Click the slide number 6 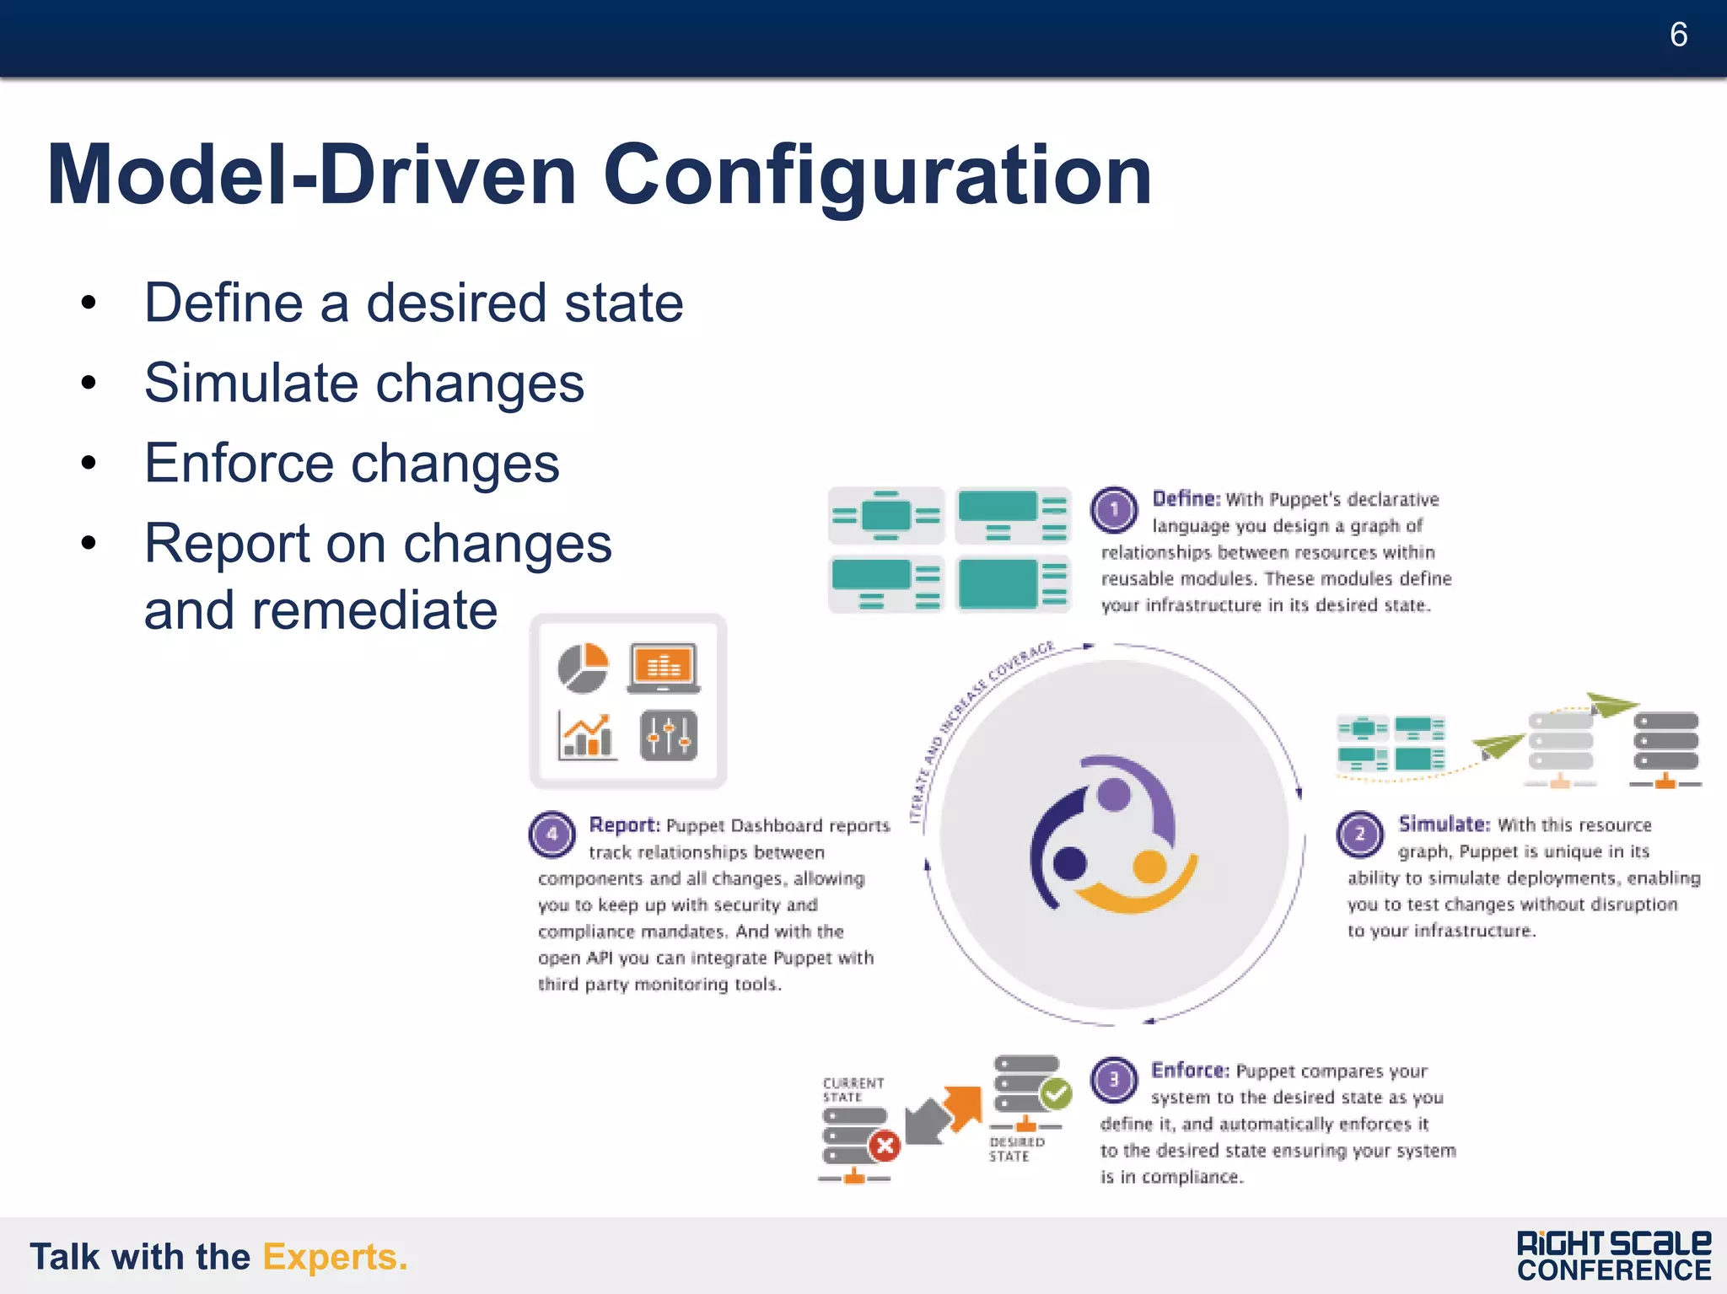pos(1677,35)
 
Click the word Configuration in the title pos(877,175)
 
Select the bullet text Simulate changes pos(363,383)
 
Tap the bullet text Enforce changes pos(352,463)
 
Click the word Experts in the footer pos(335,1257)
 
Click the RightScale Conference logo pos(1613,1256)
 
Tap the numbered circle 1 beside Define pos(1114,510)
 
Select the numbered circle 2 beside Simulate pos(1359,834)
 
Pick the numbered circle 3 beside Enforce pos(1113,1080)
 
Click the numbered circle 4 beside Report pos(551,834)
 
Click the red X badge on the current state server pos(885,1146)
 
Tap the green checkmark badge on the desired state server pos(1055,1094)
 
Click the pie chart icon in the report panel pos(583,668)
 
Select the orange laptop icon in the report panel pos(664,668)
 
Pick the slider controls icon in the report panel pos(669,735)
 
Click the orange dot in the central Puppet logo pos(1149,866)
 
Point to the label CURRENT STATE pos(853,1089)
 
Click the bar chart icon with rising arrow pos(587,735)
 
